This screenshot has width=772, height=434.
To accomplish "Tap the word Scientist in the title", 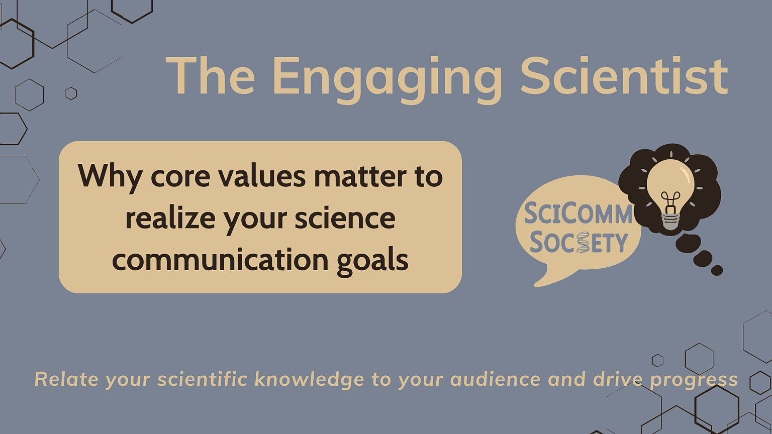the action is [624, 76].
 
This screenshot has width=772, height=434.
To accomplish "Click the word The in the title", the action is [210, 75].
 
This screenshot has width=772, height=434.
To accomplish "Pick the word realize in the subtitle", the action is [170, 218].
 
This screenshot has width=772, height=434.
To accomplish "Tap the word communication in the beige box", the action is [220, 259].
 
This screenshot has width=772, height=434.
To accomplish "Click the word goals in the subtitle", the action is [372, 261].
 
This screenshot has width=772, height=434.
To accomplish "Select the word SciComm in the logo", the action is [578, 213].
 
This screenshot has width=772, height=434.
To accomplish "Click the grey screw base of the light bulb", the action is [670, 222].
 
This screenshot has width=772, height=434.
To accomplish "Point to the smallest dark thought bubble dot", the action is [717, 270].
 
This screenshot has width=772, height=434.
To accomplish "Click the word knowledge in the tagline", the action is [309, 380].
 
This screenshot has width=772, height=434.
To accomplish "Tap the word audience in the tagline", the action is [495, 379].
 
